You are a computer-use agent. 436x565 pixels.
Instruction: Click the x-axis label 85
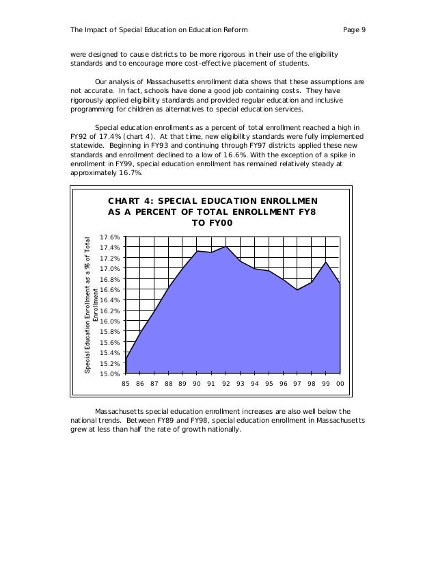pos(126,384)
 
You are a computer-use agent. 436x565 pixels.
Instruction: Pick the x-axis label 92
pos(226,384)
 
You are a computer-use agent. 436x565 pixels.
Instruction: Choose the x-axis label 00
pos(340,384)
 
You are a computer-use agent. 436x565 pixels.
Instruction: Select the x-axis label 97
pos(297,384)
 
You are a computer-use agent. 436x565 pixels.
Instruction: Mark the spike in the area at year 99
pos(327,262)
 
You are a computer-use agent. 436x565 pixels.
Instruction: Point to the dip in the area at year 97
pos(297,290)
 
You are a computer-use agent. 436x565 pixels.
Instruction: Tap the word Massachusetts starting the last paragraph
pos(126,410)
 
